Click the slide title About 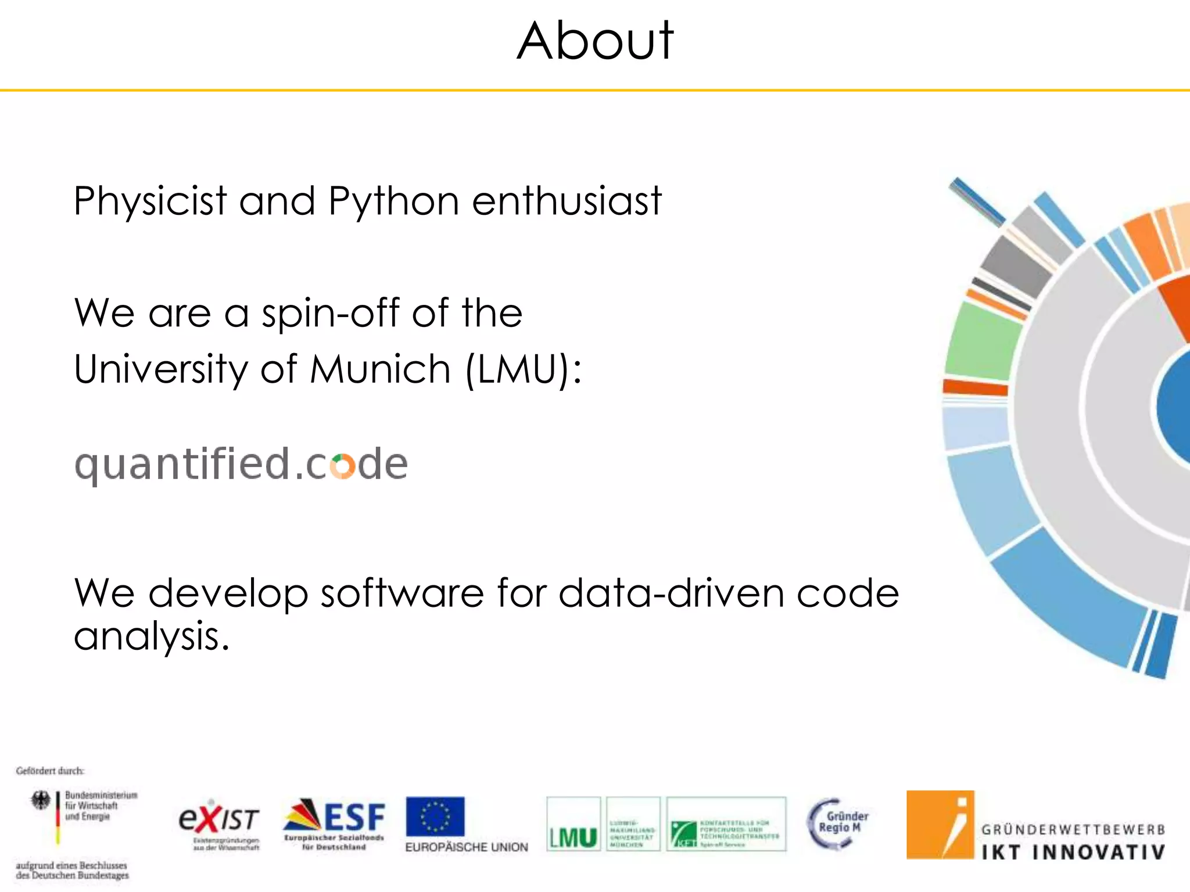pos(595,41)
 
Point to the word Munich pos(380,369)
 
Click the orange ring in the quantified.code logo pos(342,466)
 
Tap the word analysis pos(151,636)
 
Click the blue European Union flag pos(435,817)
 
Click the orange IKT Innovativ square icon pos(940,825)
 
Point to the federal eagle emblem pos(41,800)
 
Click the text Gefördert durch pos(50,771)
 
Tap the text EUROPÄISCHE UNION pos(467,847)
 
